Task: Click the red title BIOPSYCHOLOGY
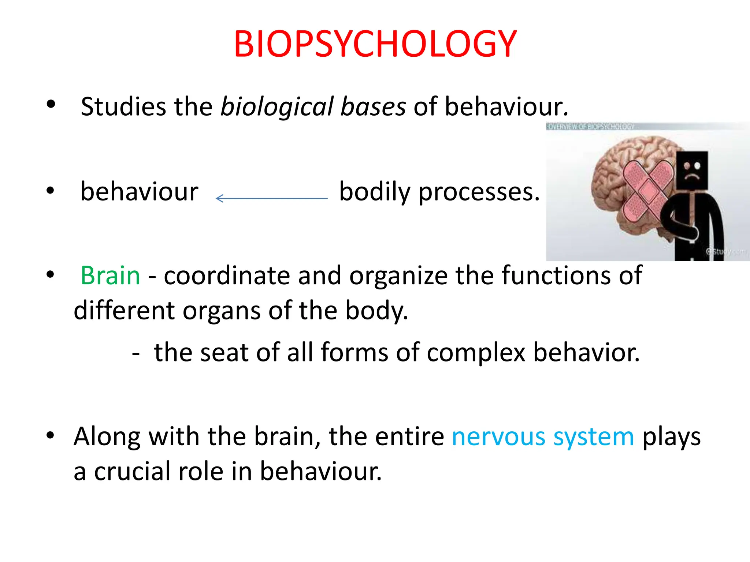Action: [x=375, y=44]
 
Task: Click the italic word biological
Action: [x=277, y=107]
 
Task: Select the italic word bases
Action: [x=373, y=107]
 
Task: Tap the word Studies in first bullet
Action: [x=123, y=107]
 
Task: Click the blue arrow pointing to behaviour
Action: [x=271, y=198]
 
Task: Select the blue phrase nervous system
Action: [x=543, y=437]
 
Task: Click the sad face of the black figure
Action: [x=692, y=171]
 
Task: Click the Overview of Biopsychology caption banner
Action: [x=590, y=127]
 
